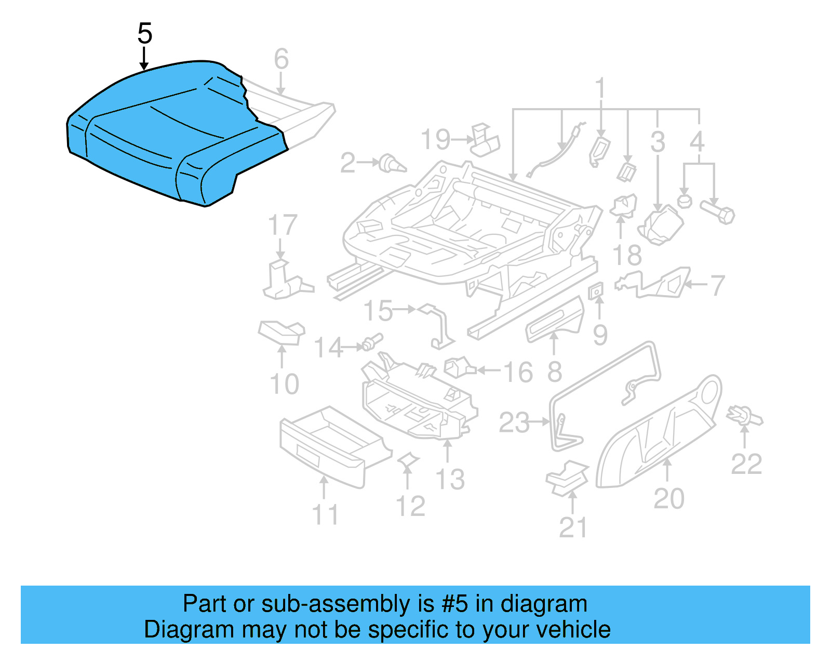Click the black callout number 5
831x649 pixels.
tap(145, 34)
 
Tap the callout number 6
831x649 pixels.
tap(281, 59)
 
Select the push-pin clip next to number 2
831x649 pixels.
tap(392, 164)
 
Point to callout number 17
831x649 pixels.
tap(283, 226)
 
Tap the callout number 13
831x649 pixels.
tap(450, 480)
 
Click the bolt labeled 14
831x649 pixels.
tap(372, 342)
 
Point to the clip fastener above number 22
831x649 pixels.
tap(745, 416)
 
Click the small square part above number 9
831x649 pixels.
tap(596, 291)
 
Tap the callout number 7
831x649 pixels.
tap(717, 285)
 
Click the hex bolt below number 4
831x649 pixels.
tap(718, 213)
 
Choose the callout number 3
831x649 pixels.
tap(658, 142)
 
